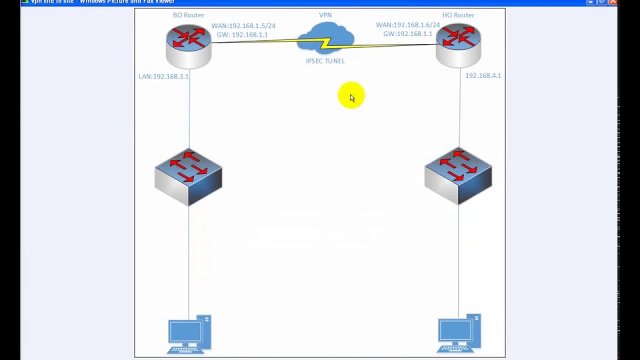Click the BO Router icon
tap(188, 46)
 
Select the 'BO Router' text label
tap(188, 15)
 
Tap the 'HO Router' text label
tap(458, 15)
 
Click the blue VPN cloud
tap(325, 39)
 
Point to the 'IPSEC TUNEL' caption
tap(325, 61)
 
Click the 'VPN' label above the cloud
tap(325, 15)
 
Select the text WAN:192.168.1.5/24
tap(243, 25)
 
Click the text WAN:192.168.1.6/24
tap(407, 25)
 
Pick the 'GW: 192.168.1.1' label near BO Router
tap(242, 34)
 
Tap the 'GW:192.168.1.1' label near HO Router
tap(407, 34)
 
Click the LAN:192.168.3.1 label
tap(163, 76)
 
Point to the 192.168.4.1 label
tap(483, 75)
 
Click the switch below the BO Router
tap(188, 176)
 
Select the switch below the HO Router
tap(458, 175)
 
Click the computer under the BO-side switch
tap(189, 334)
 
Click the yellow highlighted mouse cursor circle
tap(350, 95)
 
